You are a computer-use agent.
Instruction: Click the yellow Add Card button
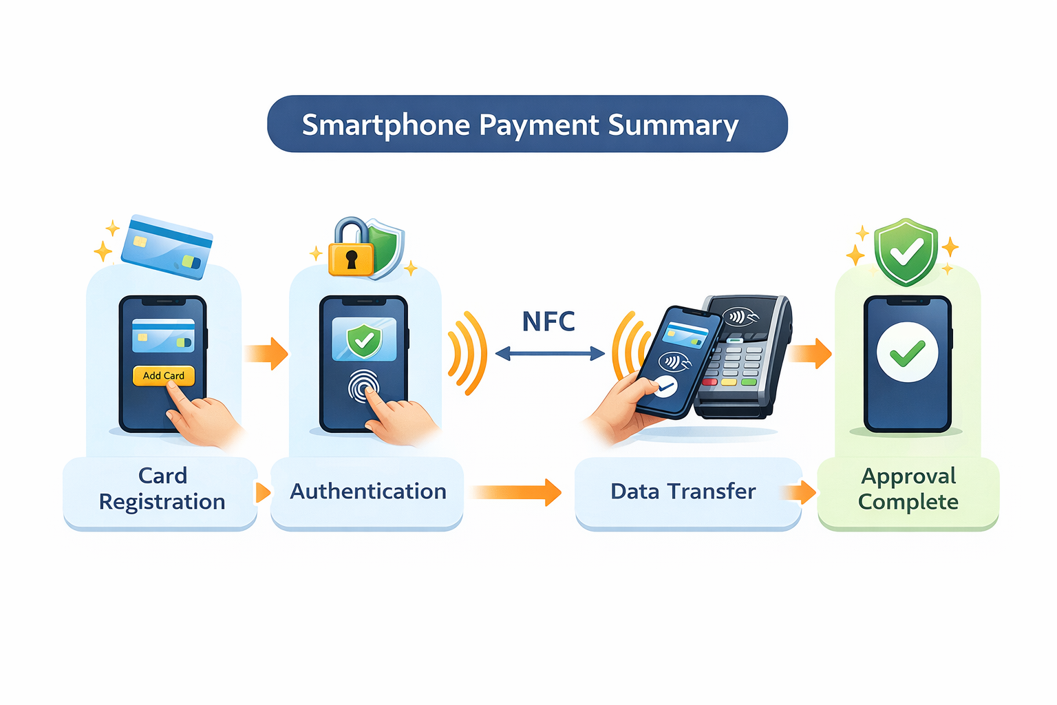[164, 375]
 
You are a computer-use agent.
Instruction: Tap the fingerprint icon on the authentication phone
[363, 386]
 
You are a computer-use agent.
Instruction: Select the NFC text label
[548, 322]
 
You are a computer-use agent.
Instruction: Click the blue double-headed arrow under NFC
[551, 353]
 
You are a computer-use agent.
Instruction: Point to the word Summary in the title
[674, 125]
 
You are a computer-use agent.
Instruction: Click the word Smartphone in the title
[386, 125]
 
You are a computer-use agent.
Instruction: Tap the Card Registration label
[162, 488]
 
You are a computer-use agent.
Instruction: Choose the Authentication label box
[367, 492]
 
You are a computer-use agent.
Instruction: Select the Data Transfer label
[683, 491]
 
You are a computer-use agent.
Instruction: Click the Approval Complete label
[908, 489]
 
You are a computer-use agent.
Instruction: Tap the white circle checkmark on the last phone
[907, 352]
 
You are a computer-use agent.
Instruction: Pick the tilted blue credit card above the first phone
[167, 246]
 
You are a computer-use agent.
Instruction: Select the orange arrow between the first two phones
[266, 353]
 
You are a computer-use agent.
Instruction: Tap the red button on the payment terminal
[709, 381]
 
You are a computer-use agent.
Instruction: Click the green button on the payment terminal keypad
[749, 381]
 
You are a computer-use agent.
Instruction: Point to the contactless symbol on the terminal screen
[740, 317]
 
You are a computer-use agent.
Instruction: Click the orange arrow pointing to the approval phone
[810, 353]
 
